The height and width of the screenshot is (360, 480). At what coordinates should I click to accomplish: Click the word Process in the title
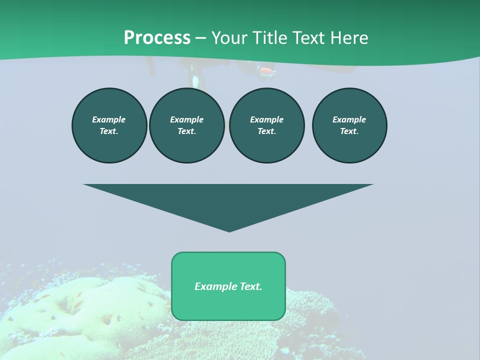tap(157, 37)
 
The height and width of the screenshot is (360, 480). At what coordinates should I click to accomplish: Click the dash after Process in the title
tap(200, 38)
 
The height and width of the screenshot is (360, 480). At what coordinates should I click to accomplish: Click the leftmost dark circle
tap(109, 125)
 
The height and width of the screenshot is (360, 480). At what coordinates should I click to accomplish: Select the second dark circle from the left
tap(187, 125)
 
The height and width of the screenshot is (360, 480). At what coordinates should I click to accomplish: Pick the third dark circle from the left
tap(266, 125)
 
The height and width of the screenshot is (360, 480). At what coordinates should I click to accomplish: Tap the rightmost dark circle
tap(349, 125)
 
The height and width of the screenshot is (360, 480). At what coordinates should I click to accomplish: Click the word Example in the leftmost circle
tap(109, 119)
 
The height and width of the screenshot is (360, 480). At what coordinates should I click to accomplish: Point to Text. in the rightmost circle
tap(349, 131)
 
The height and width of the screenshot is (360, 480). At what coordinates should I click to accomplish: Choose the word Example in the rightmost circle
tap(349, 119)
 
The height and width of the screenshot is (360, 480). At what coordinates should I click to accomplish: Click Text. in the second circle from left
tap(187, 131)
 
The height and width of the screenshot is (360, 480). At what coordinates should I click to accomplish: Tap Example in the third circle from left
tap(266, 119)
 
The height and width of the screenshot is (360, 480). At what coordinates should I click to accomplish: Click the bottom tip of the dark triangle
tap(229, 230)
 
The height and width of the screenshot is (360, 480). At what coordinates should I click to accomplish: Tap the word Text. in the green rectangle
tap(251, 286)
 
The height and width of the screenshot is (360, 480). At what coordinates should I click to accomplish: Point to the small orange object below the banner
tap(267, 71)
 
